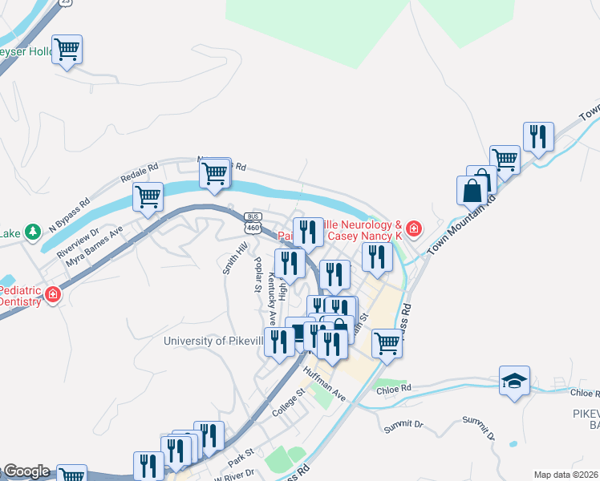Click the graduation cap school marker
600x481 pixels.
pyautogui.click(x=513, y=381)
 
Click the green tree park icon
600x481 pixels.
pyautogui.click(x=33, y=232)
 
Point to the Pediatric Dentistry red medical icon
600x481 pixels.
pyautogui.click(x=53, y=295)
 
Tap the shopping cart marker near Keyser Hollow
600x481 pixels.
pyautogui.click(x=67, y=49)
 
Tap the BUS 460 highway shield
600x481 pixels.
pyautogui.click(x=253, y=223)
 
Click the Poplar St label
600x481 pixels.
pyautogui.click(x=257, y=275)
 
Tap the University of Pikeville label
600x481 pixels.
pyautogui.click(x=213, y=341)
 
